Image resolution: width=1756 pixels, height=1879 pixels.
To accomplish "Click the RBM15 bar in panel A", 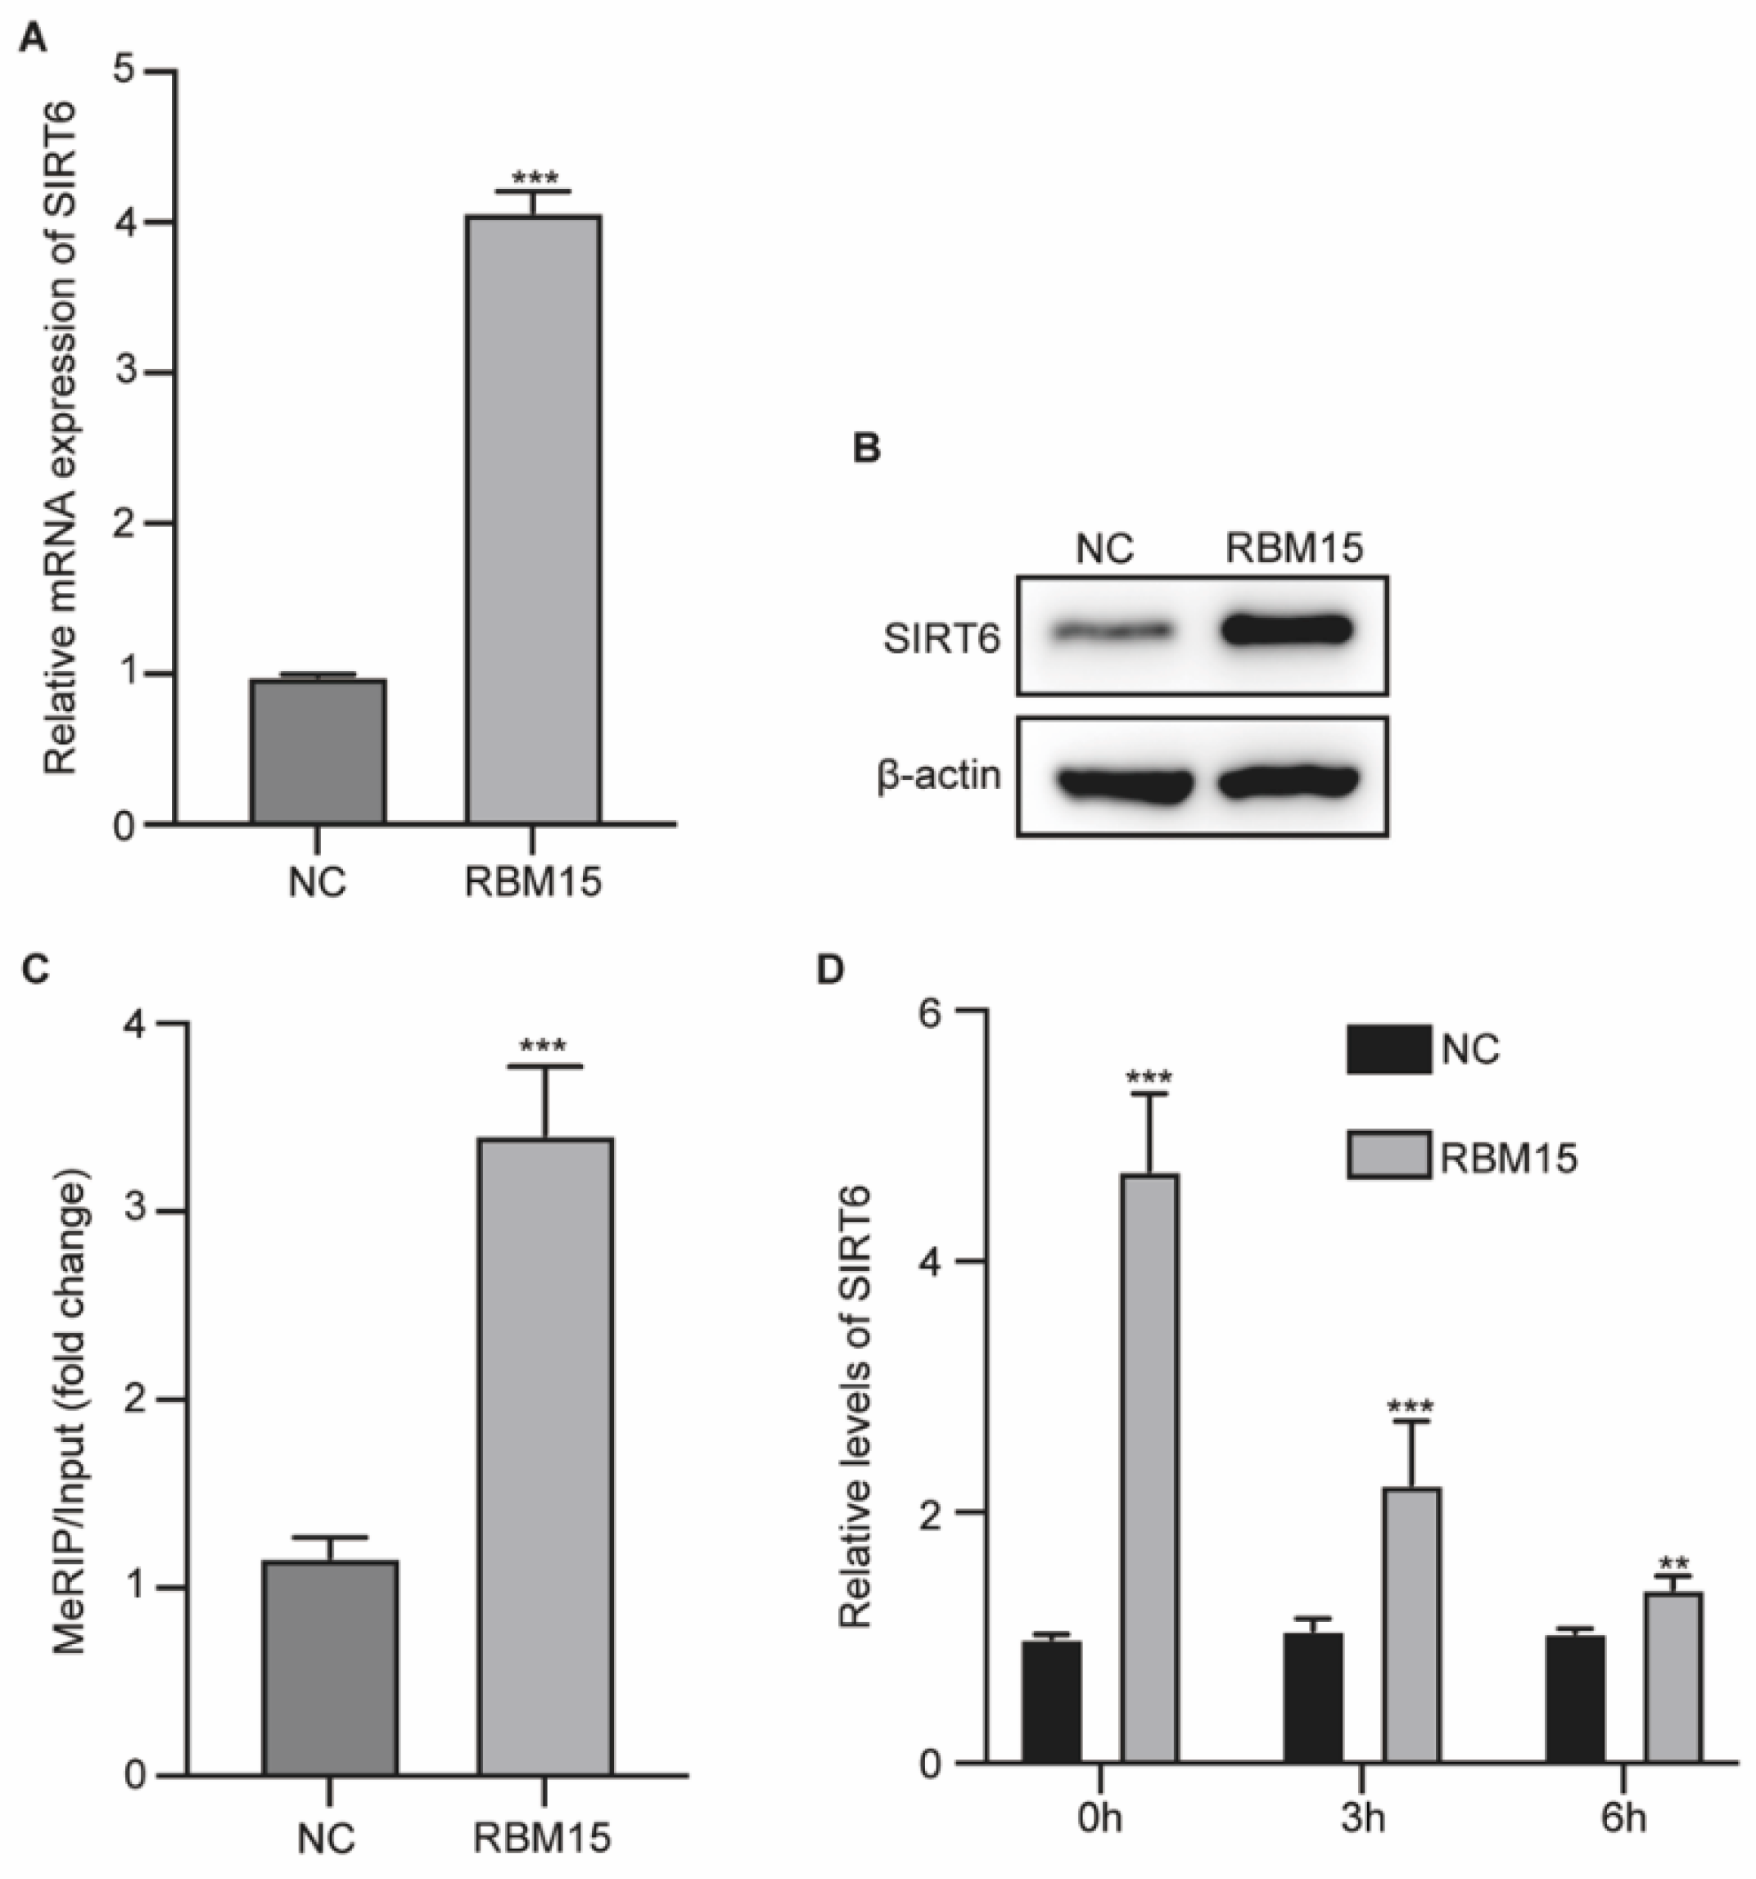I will coord(532,520).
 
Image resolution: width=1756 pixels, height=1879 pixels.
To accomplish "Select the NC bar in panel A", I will coord(318,751).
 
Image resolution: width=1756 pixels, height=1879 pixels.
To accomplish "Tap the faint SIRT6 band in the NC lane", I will coord(1112,630).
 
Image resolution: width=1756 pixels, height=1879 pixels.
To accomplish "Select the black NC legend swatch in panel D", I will coord(1388,1049).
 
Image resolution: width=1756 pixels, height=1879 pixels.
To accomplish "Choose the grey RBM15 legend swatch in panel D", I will coord(1388,1156).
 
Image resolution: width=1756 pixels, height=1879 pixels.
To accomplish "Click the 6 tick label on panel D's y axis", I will coord(932,1012).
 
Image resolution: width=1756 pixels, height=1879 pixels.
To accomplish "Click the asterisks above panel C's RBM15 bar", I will coord(544,1048).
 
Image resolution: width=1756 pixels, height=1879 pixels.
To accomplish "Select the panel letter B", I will coord(866,448).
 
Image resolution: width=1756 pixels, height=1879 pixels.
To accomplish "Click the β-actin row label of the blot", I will coord(939,776).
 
